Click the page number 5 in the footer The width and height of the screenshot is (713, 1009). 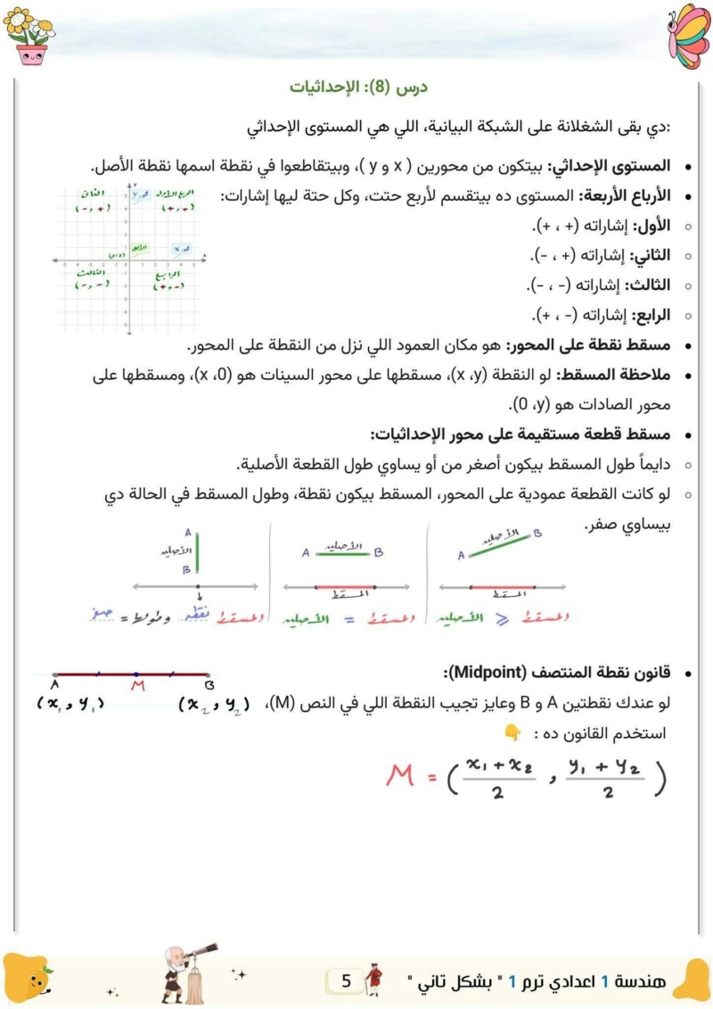tap(346, 981)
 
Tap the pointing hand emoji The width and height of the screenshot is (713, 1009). tap(512, 732)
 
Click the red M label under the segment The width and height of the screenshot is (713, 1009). tap(137, 686)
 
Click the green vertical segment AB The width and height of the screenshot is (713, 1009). tap(196, 552)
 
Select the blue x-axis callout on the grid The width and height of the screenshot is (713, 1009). tap(182, 250)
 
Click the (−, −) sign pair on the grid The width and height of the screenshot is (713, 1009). tap(92, 285)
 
